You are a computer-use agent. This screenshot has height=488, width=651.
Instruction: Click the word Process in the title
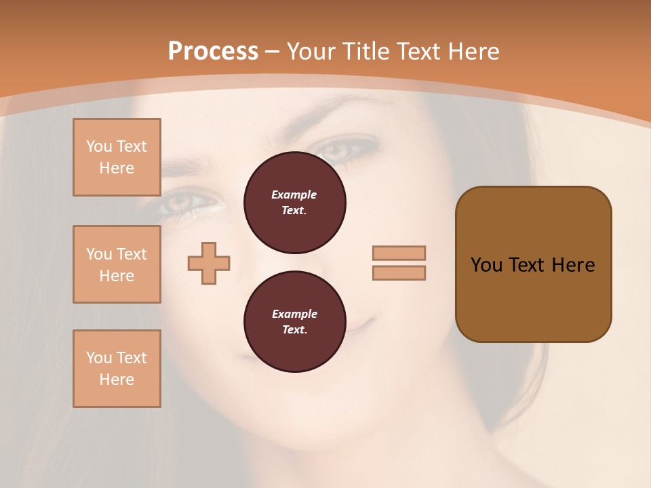coord(213,52)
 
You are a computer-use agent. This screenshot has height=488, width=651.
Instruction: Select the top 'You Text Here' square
coord(117,157)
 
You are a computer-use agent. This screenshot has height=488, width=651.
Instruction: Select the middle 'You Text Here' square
coord(117,264)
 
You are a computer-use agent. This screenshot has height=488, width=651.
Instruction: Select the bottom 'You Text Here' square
coord(117,369)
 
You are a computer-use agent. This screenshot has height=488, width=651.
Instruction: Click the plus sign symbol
coord(209,263)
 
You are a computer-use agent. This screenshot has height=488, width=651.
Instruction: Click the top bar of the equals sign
coord(399,253)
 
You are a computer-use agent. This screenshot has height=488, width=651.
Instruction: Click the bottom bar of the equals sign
coord(399,272)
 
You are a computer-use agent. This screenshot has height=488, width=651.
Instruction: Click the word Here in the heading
coord(473,52)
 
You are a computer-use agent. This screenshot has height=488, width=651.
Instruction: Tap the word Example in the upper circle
coord(294,195)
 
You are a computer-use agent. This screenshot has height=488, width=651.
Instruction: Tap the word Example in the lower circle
coord(294,314)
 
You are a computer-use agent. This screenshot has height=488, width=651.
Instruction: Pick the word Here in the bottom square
coord(117,380)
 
